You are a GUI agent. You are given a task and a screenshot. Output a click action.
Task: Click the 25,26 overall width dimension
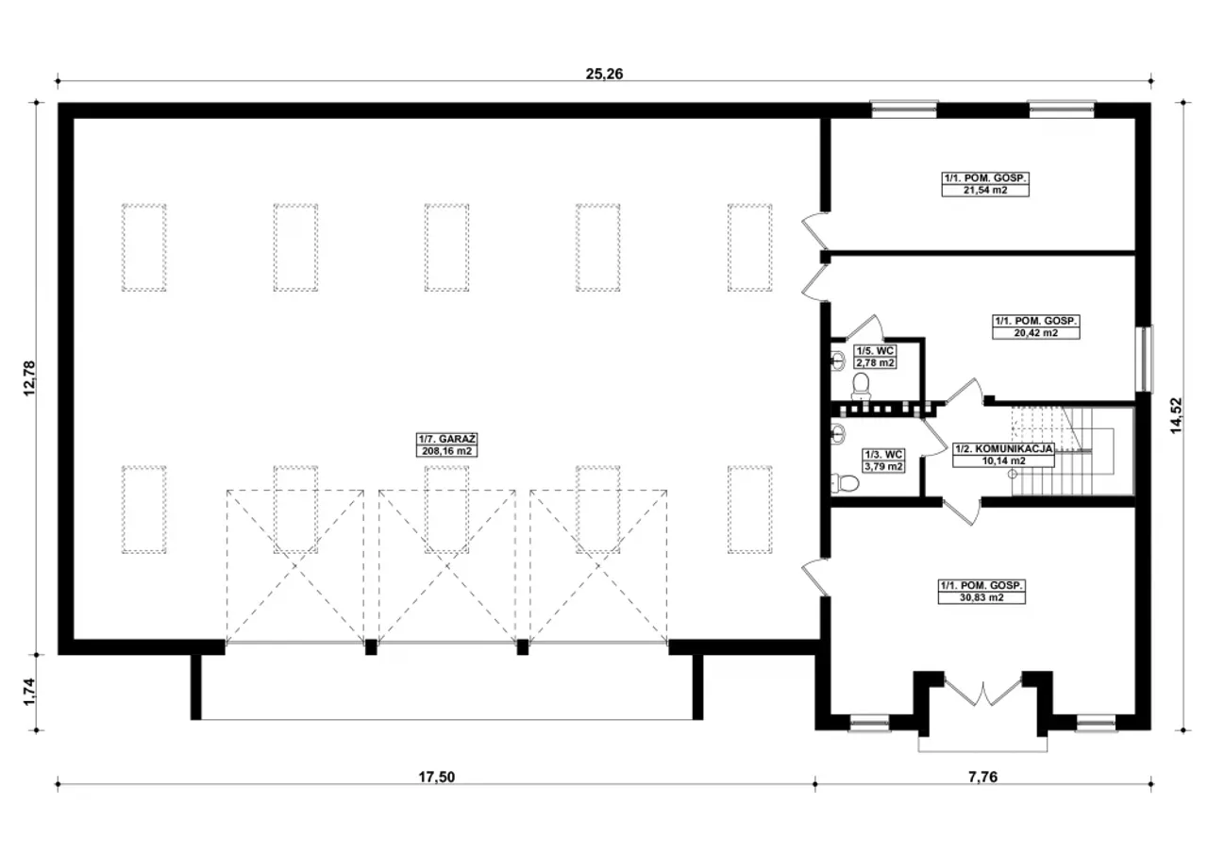click(604, 74)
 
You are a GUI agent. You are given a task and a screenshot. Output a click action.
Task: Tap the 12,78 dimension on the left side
click(29, 378)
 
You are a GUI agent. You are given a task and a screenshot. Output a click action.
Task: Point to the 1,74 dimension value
click(29, 691)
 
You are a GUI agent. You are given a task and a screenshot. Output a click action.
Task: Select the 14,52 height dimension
click(1176, 415)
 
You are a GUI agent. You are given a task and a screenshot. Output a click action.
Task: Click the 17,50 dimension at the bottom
click(437, 777)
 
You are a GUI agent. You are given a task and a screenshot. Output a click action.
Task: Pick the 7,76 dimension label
click(982, 777)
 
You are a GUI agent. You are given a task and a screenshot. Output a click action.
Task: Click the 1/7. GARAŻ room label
click(446, 439)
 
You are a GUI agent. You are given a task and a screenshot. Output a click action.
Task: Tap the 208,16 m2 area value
click(446, 451)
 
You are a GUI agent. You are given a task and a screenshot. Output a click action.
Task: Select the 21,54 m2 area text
click(985, 191)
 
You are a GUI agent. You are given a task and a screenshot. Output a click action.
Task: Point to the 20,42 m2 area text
click(1036, 333)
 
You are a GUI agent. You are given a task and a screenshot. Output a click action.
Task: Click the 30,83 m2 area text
click(981, 598)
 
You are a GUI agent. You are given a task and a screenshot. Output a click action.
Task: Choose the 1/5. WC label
click(875, 351)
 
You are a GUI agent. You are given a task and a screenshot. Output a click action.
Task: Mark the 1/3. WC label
click(884, 455)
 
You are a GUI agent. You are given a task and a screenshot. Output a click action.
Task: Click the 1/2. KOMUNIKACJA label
click(1003, 448)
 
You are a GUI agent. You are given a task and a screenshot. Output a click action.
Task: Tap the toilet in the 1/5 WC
click(861, 386)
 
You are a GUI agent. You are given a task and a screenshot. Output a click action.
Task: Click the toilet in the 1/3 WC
click(845, 482)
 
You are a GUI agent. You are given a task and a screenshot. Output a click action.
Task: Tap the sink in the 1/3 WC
click(838, 433)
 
